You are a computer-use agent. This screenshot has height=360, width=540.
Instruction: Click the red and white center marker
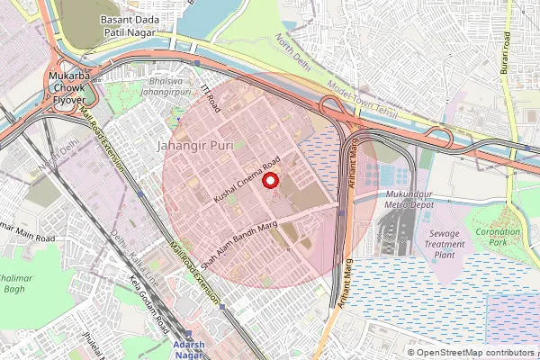pyautogui.click(x=269, y=181)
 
